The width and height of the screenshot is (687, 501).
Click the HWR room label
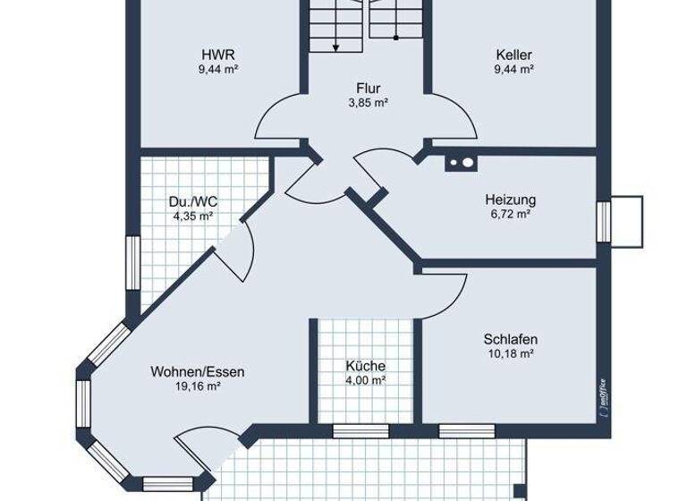tap(218, 54)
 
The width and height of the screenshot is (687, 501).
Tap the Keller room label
tap(513, 54)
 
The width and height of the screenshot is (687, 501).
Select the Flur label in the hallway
tap(368, 89)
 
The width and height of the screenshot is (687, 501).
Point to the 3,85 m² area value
tap(368, 103)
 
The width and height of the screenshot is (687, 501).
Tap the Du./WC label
tap(192, 200)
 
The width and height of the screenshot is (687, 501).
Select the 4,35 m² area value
tap(192, 216)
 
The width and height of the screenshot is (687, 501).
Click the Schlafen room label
tap(510, 339)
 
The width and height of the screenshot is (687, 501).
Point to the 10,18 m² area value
tap(510, 354)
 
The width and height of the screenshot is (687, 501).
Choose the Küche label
tap(365, 366)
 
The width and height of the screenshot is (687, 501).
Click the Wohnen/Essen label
tap(198, 372)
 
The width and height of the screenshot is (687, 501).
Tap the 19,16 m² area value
tap(198, 386)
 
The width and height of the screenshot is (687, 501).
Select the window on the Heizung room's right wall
tap(603, 220)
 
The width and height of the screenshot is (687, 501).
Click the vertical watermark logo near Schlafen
tap(604, 394)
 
